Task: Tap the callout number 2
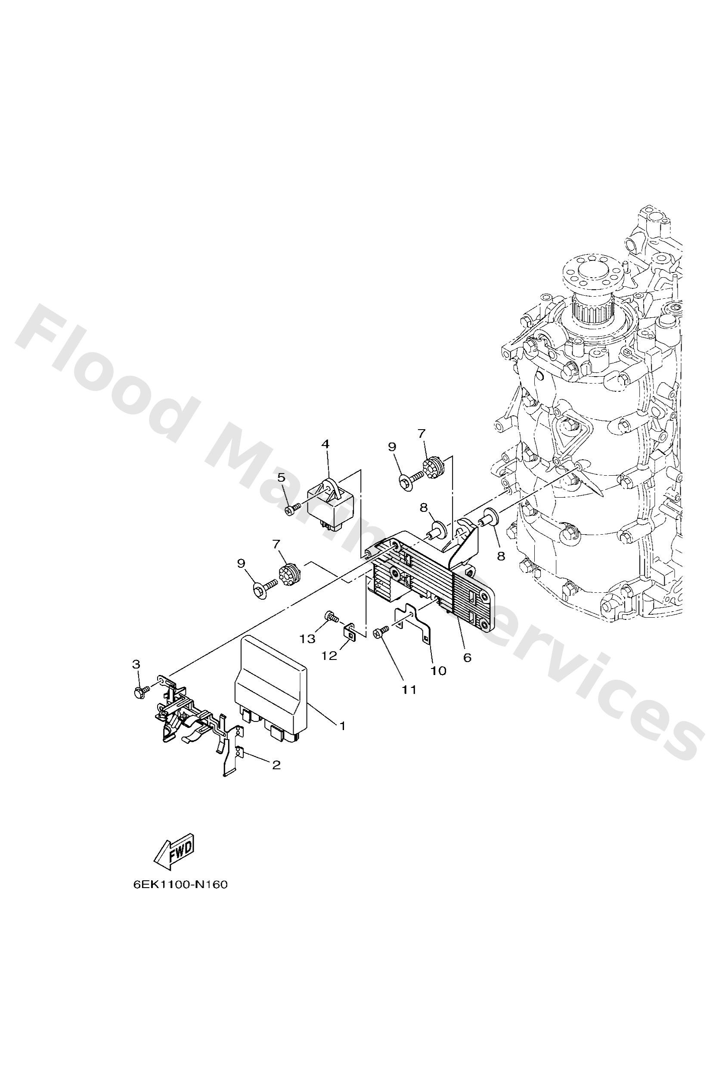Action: [276, 765]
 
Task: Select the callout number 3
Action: [136, 664]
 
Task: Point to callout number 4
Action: [325, 444]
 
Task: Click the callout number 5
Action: [282, 477]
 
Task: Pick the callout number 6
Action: [467, 658]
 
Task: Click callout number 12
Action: [329, 655]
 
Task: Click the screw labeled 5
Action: [291, 509]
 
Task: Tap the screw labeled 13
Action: [330, 616]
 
